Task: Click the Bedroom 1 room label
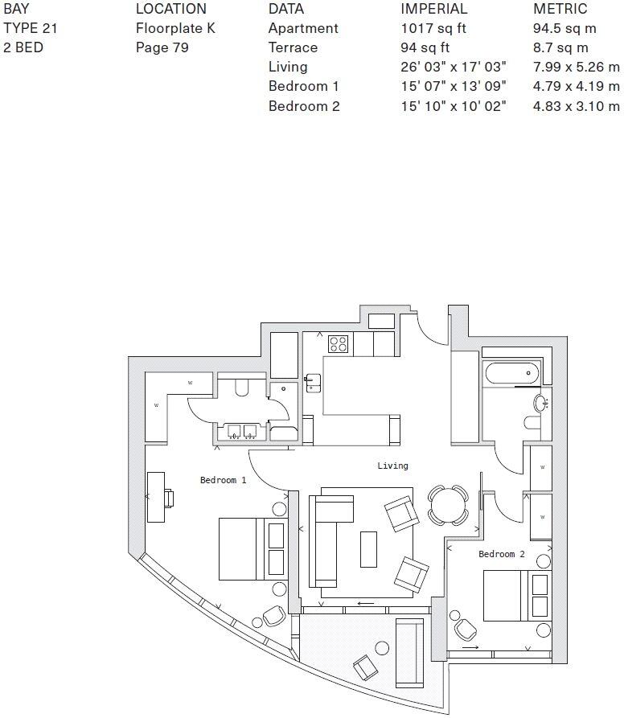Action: point(223,480)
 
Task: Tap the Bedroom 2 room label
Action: point(501,554)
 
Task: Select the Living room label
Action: point(392,466)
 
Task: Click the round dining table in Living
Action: point(446,505)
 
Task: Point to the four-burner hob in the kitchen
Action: point(338,344)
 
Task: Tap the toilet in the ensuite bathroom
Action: point(240,388)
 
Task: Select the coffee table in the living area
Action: point(368,549)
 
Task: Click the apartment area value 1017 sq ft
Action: point(433,28)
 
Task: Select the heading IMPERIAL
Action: point(433,9)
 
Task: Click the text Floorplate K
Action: point(175,28)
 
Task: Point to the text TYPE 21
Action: point(31,28)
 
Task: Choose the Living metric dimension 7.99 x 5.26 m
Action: point(576,67)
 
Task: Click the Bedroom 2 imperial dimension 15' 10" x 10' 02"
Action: point(454,106)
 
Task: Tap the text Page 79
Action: point(162,47)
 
